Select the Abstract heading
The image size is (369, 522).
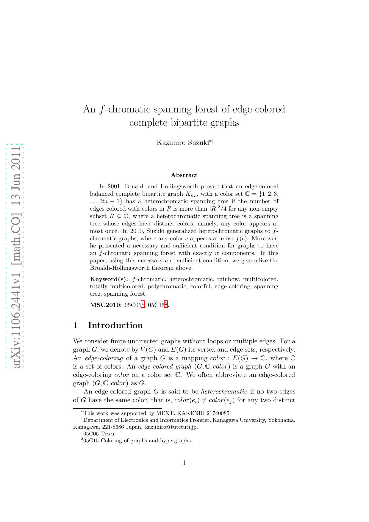click(184, 175)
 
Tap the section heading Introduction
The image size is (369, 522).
click(115, 325)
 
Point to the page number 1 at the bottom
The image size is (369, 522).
click(184, 463)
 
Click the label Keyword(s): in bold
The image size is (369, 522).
click(109, 279)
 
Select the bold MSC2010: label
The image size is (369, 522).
click(106, 305)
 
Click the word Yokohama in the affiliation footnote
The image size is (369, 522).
click(282, 420)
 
